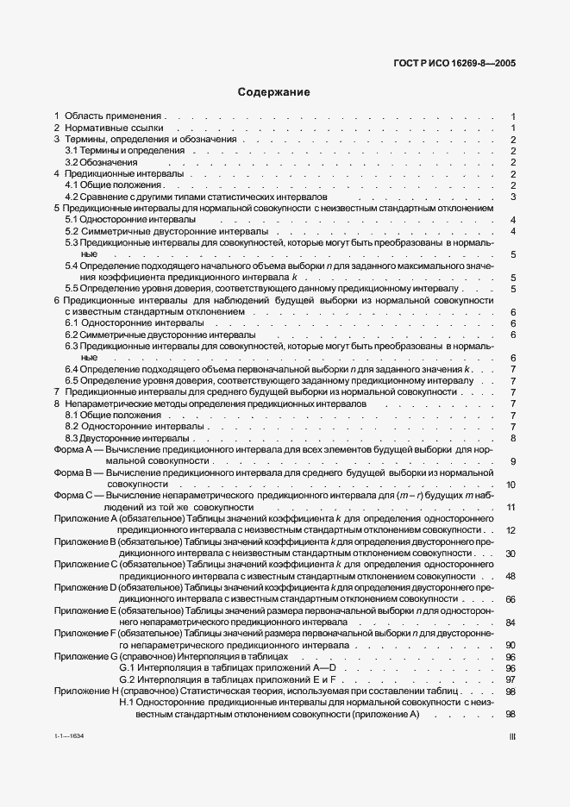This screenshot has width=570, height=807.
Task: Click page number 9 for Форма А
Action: click(512, 461)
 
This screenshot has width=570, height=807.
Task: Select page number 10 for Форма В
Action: click(510, 485)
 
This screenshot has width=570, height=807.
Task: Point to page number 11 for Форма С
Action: click(510, 508)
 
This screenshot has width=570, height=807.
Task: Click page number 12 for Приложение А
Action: click(510, 530)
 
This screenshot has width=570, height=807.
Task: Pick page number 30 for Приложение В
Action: click(510, 554)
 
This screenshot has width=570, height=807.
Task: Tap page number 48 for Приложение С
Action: click(510, 577)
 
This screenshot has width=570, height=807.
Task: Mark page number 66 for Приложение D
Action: click(510, 599)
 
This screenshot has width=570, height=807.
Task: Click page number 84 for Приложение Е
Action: click(510, 622)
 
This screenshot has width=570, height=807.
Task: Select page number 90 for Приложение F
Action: click(510, 645)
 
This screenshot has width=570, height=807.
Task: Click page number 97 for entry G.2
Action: click(510, 679)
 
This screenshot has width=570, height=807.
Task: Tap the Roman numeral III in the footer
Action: click(512, 737)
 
